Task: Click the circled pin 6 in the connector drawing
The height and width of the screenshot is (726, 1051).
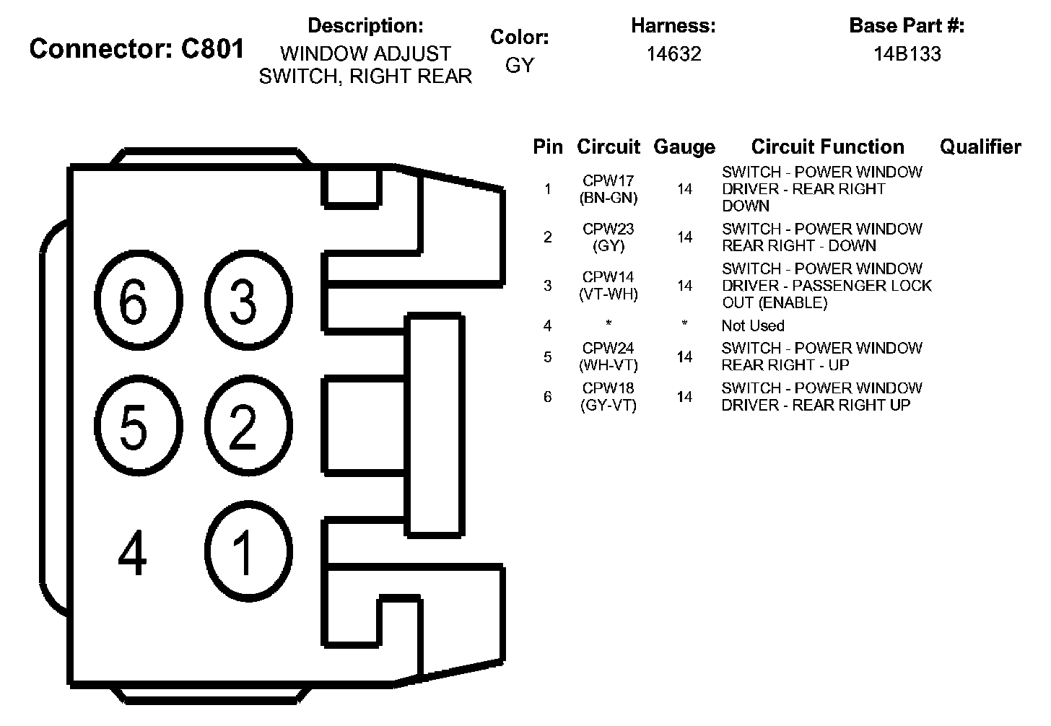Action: point(134,302)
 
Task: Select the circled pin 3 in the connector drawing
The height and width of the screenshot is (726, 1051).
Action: point(244,302)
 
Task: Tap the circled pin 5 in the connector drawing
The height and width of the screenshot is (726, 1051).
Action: point(134,427)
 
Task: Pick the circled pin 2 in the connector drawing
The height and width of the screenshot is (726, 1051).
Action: point(244,427)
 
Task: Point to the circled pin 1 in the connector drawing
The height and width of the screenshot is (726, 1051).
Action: point(244,553)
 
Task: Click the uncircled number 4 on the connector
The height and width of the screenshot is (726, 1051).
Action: point(133,553)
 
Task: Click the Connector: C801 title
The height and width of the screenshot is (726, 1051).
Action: point(137,49)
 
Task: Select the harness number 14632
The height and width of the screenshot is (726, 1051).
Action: point(673,54)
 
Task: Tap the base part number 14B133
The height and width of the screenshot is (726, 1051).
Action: point(907,54)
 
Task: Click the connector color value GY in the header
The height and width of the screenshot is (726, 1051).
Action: point(519,65)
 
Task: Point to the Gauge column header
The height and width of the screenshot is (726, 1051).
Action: point(684,147)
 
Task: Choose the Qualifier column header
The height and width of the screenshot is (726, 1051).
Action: point(980,147)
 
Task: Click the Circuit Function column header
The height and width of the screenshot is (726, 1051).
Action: point(827,147)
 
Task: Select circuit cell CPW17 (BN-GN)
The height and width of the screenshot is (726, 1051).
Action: point(609,189)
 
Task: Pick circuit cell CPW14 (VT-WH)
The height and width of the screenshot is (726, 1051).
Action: point(609,286)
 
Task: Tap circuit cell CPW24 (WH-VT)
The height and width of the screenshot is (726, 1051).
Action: point(609,357)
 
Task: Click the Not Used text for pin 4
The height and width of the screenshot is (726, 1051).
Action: point(753,325)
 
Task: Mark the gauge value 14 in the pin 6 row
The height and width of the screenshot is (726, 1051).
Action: point(684,397)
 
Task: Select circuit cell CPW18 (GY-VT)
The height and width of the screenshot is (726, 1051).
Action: point(609,397)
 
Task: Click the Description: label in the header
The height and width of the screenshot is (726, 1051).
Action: point(365,26)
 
